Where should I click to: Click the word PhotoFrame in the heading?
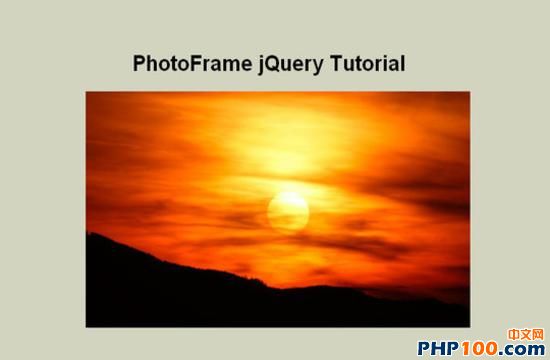tap(192, 63)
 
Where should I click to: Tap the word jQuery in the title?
tap(291, 65)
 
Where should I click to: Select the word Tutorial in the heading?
tap(368, 63)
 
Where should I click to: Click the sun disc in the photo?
tap(288, 212)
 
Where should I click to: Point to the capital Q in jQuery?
tap(275, 64)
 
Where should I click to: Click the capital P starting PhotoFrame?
tap(139, 64)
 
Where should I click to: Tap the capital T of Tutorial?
tap(337, 64)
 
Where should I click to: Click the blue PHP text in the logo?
tap(438, 348)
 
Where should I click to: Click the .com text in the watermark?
tap(522, 349)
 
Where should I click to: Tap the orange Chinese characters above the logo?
tap(525, 334)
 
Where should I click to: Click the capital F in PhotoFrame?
tap(196, 64)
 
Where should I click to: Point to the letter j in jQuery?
tap(262, 65)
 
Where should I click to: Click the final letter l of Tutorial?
tap(403, 63)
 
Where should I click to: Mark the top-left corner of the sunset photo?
tap(86, 92)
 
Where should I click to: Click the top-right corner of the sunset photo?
tap(470, 92)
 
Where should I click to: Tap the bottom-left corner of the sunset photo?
tap(86, 327)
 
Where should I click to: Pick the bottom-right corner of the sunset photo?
tap(470, 327)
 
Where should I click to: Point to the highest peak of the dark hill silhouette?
tap(90, 233)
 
